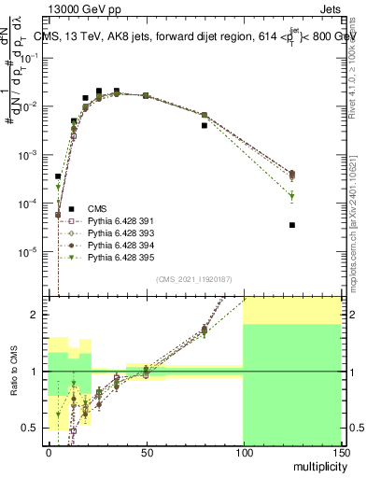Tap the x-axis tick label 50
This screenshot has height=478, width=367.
click(x=146, y=453)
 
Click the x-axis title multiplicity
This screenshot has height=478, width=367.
click(x=319, y=465)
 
